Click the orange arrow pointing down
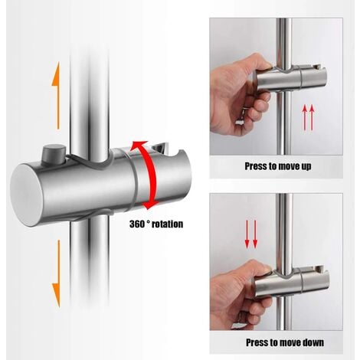coord(55,269)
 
